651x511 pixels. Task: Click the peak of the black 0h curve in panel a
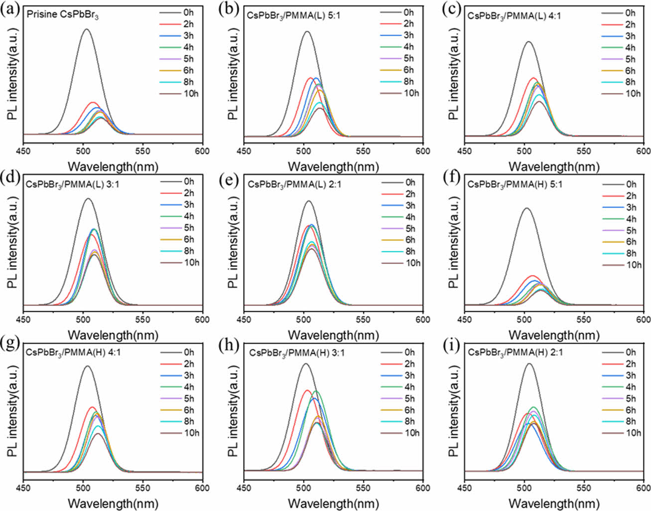pyautogui.click(x=87, y=29)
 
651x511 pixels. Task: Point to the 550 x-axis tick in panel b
pyautogui.click(x=363, y=151)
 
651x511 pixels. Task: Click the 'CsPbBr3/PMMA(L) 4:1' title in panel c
pyautogui.click(x=514, y=15)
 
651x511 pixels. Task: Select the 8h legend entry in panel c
pyautogui.click(x=620, y=82)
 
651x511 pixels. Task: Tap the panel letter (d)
pyautogui.click(x=11, y=178)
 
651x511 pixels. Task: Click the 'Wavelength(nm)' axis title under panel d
pyautogui.click(x=113, y=335)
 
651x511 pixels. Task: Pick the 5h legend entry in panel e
pyautogui.click(x=401, y=229)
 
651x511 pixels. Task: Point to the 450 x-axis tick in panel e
pyautogui.click(x=244, y=320)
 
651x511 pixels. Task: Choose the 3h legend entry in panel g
pyautogui.click(x=179, y=376)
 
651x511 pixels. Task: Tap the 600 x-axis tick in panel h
pyautogui.click(x=422, y=488)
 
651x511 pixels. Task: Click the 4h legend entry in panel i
pyautogui.click(x=620, y=387)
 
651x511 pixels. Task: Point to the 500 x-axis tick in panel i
pyautogui.click(x=524, y=488)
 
